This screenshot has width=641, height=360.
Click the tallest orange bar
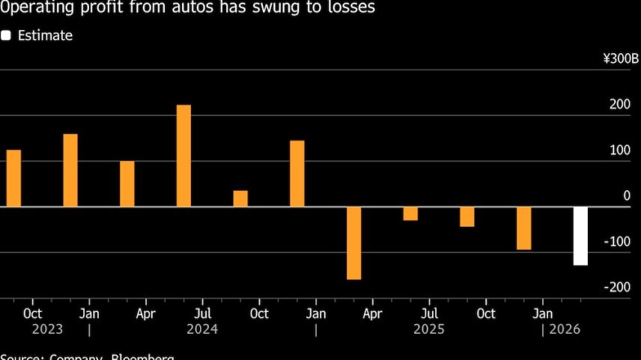pyautogui.click(x=183, y=156)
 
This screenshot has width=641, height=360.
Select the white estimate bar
pyautogui.click(x=580, y=236)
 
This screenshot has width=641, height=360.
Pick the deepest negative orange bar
pyautogui.click(x=354, y=242)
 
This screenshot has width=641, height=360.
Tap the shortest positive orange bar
pyautogui.click(x=240, y=198)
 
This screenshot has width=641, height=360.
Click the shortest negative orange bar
pyautogui.click(x=410, y=213)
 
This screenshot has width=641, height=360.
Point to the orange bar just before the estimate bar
pyautogui.click(x=523, y=228)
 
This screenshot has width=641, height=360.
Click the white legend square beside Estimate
pyautogui.click(x=6, y=35)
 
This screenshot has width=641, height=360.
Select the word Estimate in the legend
pyautogui.click(x=45, y=35)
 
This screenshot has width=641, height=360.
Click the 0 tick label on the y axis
pyautogui.click(x=627, y=195)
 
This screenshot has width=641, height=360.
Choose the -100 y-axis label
pyautogui.click(x=618, y=241)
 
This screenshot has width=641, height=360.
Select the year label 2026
pyautogui.click(x=565, y=329)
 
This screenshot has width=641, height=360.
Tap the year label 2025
pyautogui.click(x=430, y=329)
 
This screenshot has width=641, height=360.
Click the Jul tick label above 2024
pyautogui.click(x=202, y=313)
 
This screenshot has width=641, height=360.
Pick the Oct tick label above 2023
pyautogui.click(x=32, y=313)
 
